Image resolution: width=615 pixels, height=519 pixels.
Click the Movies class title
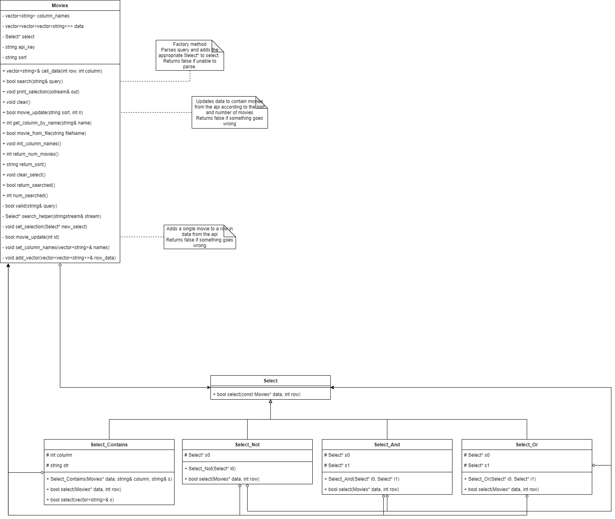(60, 6)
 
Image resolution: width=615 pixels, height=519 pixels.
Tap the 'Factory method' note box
(190, 55)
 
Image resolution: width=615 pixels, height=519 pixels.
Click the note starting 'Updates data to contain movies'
(229, 113)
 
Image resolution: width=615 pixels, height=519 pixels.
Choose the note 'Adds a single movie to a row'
(200, 237)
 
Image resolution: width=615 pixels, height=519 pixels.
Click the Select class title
(270, 381)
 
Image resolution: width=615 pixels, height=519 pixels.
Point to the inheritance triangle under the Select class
(270, 401)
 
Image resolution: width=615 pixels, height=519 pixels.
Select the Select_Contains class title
(109, 445)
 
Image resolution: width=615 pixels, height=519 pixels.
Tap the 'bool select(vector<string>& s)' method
(82, 500)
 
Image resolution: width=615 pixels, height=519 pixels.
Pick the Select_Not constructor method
(212, 469)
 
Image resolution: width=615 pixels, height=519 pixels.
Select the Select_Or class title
(527, 445)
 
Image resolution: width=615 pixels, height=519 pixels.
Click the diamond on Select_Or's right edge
(594, 466)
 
